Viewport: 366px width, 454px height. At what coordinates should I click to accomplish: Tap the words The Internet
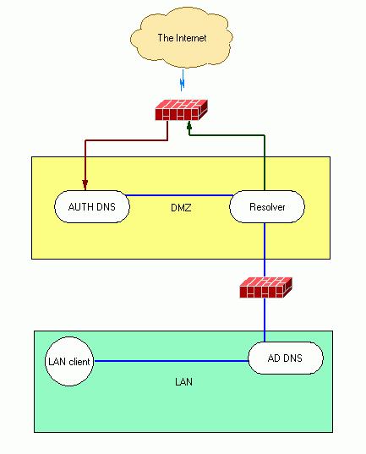(x=182, y=38)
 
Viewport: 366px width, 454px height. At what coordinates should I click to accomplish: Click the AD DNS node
(x=285, y=358)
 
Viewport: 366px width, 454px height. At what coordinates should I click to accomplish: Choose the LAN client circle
(x=68, y=363)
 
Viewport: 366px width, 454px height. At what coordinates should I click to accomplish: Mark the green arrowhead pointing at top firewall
(x=190, y=126)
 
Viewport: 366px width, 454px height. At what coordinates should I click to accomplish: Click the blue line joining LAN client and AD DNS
(x=169, y=362)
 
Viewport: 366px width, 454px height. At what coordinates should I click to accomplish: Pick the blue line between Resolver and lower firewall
(x=265, y=249)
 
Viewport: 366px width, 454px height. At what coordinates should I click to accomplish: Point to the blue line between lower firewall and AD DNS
(x=265, y=321)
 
